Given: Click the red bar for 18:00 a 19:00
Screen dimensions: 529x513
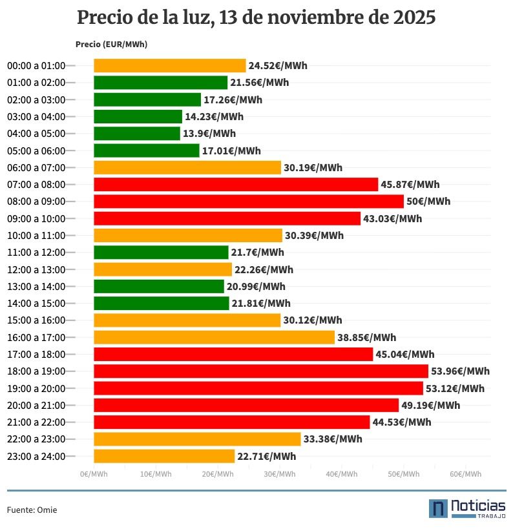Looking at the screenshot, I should point(260,371).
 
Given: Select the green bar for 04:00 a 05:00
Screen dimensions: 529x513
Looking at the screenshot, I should point(137,134).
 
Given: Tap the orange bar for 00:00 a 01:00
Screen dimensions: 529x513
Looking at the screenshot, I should point(169,65).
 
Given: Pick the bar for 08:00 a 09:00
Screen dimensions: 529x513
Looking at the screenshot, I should point(248,202).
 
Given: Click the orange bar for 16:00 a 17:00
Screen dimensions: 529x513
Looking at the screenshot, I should point(214,337).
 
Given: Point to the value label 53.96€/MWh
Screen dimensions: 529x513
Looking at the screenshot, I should point(460,371).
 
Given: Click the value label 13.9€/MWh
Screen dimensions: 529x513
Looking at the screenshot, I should point(209,134).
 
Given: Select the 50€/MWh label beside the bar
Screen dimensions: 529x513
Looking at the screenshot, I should point(428,202).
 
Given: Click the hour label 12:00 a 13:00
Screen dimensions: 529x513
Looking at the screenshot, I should point(36,269).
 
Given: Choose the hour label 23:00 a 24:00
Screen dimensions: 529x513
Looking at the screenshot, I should point(36,456).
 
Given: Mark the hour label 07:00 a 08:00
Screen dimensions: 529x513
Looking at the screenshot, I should point(36,185).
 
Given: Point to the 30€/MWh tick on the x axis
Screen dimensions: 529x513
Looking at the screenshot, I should point(279,474).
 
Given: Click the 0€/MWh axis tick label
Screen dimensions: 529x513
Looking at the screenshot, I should point(94,474).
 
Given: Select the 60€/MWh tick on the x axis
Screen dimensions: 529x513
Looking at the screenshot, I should point(465,474).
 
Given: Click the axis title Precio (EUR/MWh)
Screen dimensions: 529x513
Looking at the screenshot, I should point(111,44).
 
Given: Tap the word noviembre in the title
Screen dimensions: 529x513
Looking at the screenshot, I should point(304,17).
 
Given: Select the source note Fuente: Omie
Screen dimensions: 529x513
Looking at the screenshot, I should point(32,510).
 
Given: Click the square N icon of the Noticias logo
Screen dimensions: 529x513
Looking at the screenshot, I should point(438,508).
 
